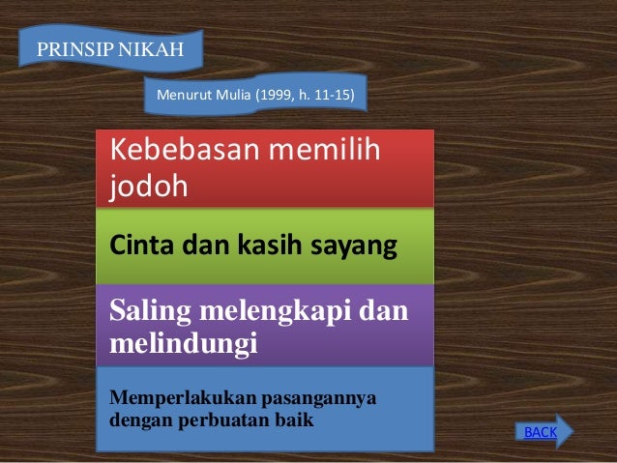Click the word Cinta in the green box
pyautogui.click(x=141, y=246)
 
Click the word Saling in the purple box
pyautogui.click(x=152, y=311)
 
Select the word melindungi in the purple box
pyautogui.click(x=184, y=343)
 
